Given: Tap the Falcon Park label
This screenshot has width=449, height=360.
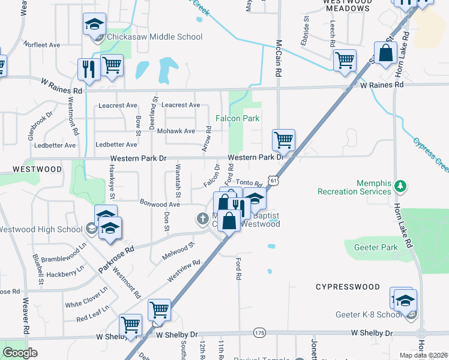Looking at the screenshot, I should (238, 118).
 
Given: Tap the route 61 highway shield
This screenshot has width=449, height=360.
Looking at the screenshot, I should (274, 180).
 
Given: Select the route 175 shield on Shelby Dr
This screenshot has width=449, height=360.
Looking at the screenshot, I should (259, 332).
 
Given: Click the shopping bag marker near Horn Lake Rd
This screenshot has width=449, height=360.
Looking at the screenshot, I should (385, 53).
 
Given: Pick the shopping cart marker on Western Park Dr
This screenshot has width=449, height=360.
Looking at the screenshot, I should (283, 140).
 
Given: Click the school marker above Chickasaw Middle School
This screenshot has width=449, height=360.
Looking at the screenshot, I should (94, 25).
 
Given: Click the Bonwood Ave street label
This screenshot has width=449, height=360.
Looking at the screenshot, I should (160, 205).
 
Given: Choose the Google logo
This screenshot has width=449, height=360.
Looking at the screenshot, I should (20, 353).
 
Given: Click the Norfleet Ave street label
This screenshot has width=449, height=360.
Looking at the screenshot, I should (43, 45).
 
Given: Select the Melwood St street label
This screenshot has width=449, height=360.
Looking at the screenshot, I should (179, 251).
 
